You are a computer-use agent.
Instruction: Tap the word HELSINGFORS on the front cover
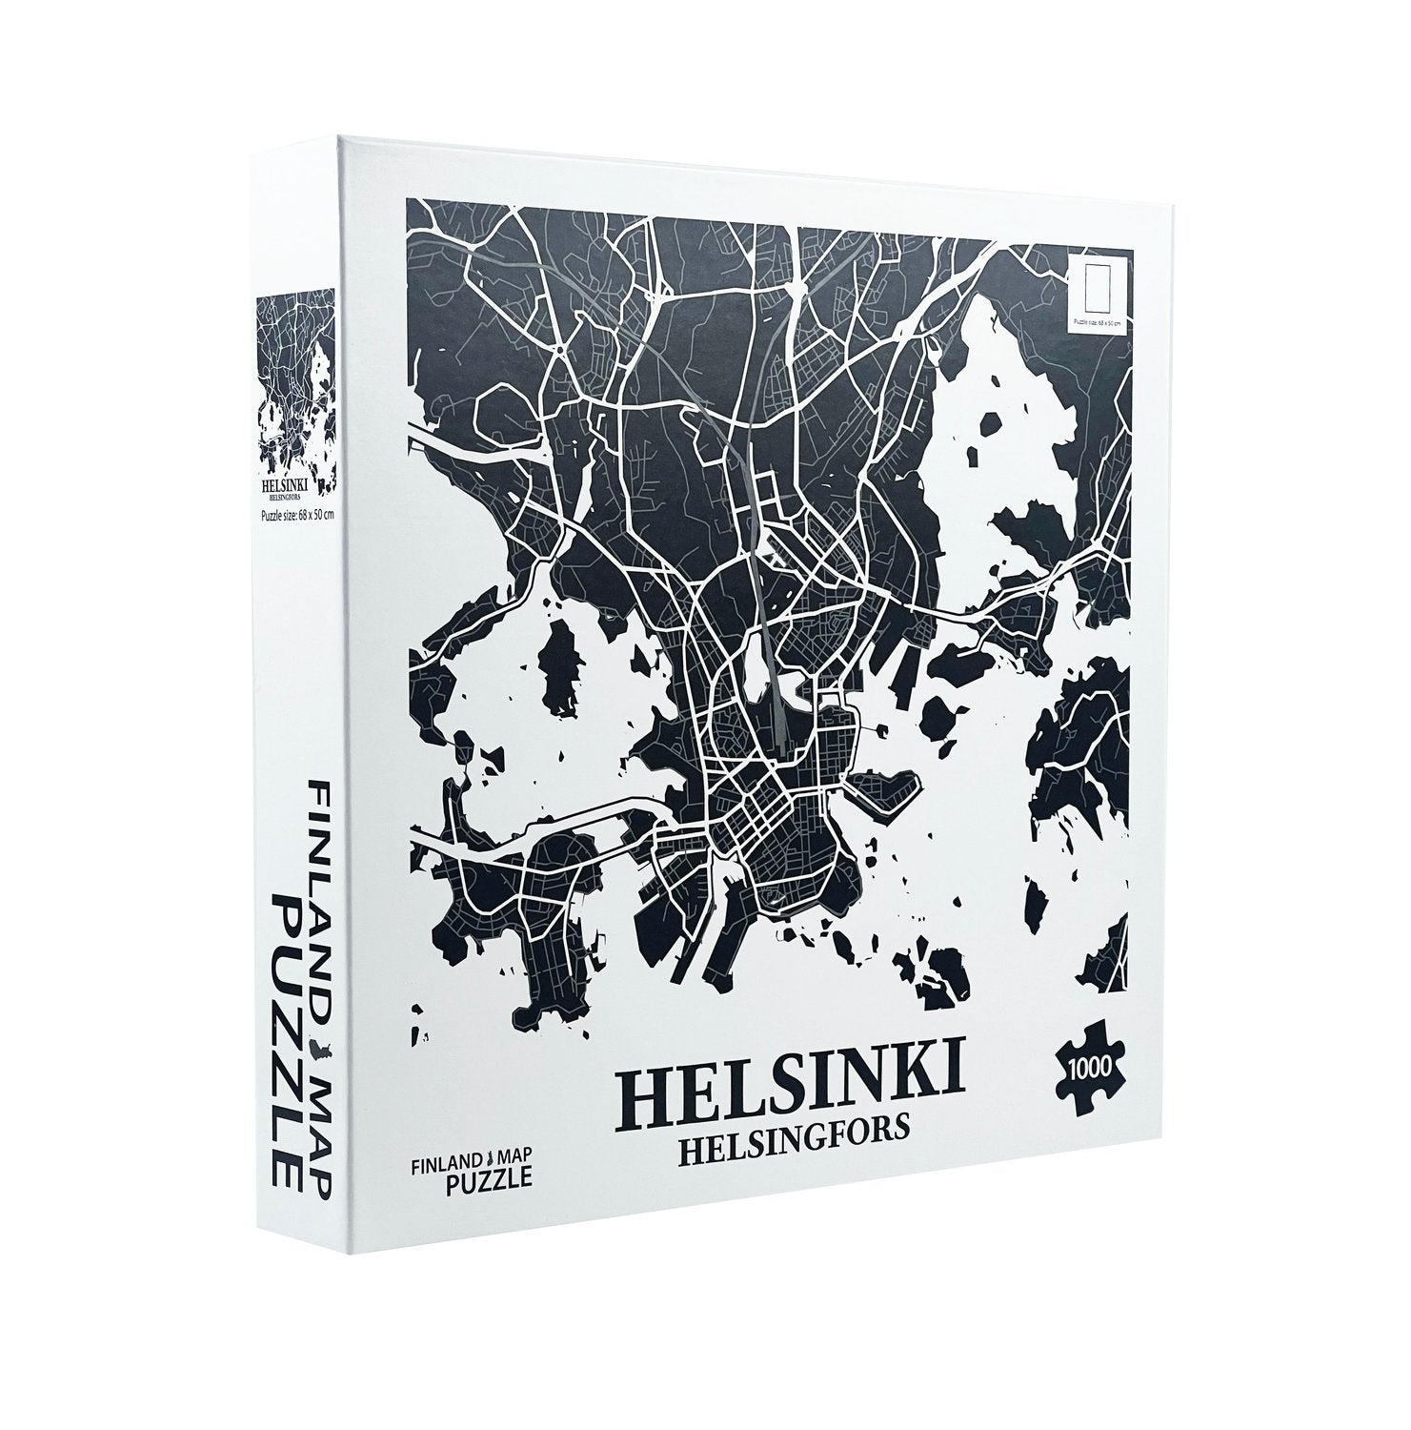point(792,1150)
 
